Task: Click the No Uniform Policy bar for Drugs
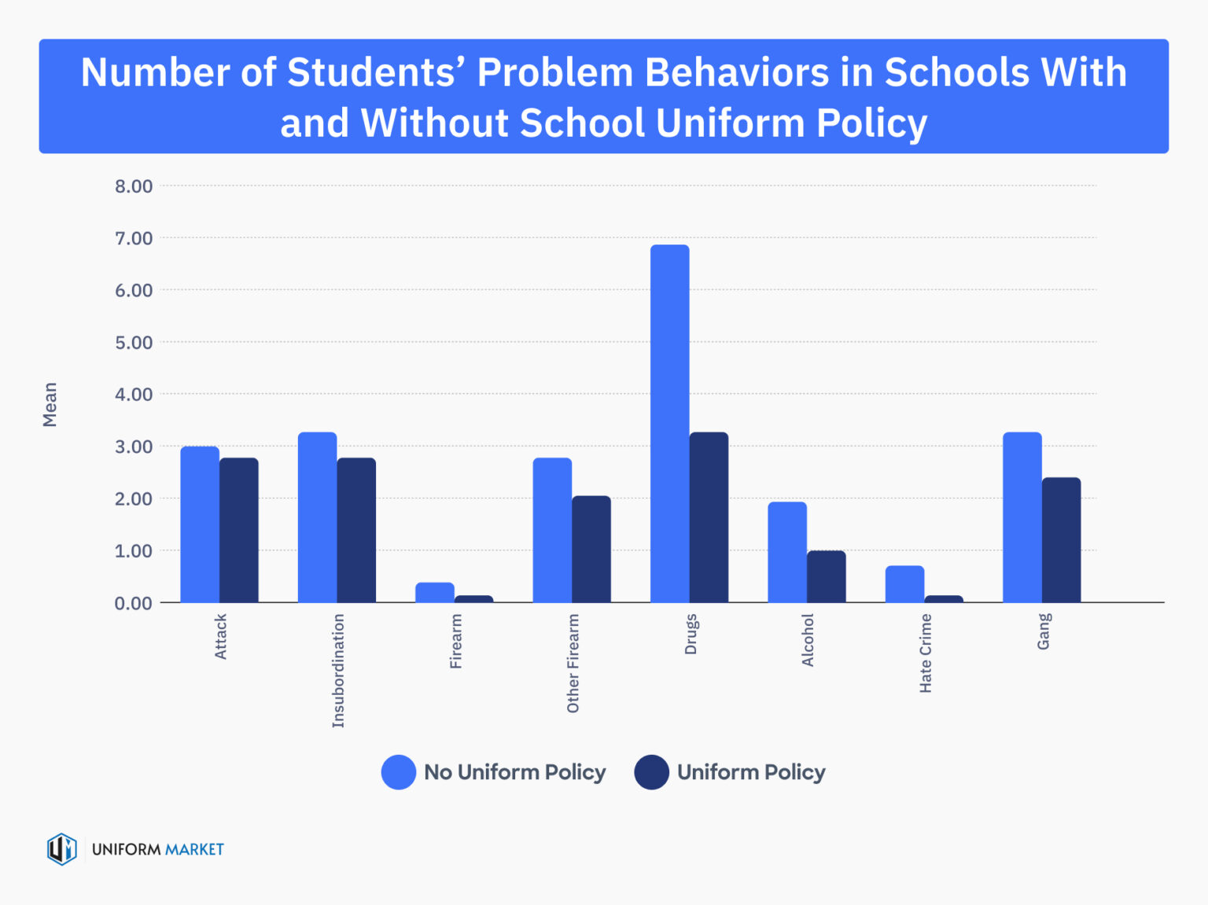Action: pos(669,425)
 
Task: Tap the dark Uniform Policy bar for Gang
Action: pos(1061,540)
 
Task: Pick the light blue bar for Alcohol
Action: pos(787,553)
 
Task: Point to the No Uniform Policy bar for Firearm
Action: pos(435,593)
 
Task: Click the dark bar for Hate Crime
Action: pos(944,599)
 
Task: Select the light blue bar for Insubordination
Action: pos(318,517)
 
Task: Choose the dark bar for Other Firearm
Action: pos(591,550)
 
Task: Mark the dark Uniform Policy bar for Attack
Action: pos(239,531)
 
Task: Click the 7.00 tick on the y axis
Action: pos(134,238)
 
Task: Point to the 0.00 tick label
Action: pos(134,603)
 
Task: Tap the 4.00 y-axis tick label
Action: pos(134,395)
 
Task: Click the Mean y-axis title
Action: pos(50,405)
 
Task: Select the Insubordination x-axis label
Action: pos(338,671)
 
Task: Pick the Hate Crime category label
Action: pos(926,653)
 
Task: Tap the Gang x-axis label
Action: pos(1044,631)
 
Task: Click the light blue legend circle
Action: pos(399,772)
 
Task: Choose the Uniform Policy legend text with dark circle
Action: pos(750,772)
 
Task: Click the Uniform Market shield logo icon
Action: pos(61,849)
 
